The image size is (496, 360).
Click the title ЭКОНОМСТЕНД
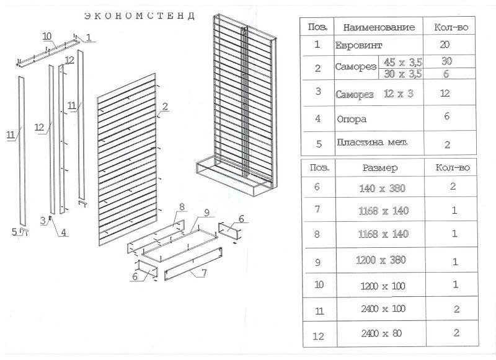coord(139,16)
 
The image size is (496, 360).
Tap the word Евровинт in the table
coord(358,45)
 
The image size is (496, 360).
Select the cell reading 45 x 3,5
coord(403,61)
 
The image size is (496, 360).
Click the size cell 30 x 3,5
coord(403,74)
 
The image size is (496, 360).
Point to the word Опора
coord(352,120)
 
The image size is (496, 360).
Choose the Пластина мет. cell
coord(372,143)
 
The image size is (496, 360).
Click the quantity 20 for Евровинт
coord(445,45)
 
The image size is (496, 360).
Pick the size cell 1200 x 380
coord(381,260)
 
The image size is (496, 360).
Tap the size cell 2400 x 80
coord(381,333)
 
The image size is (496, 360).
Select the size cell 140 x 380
coord(382,188)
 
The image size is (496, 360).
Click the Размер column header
coord(380,168)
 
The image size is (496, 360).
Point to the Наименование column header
coord(379,27)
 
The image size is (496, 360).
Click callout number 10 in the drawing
coord(47,36)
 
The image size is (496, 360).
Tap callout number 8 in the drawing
coord(182,207)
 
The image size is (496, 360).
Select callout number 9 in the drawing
coord(206,213)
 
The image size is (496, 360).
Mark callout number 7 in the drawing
coord(204,272)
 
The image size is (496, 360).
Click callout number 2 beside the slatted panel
coord(165,107)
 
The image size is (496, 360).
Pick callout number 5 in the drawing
coord(14,232)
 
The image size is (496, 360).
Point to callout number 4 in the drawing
coord(64,232)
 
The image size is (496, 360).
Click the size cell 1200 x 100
coord(383,286)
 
